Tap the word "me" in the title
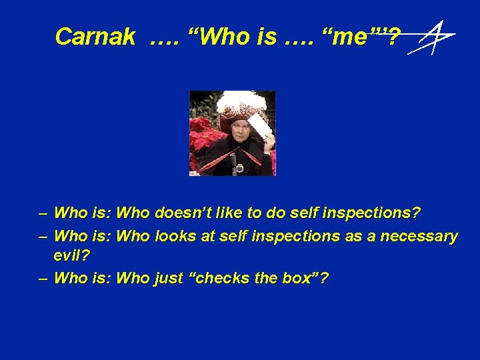click(349, 37)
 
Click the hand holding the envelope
click(268, 140)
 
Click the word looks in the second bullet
click(176, 236)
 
